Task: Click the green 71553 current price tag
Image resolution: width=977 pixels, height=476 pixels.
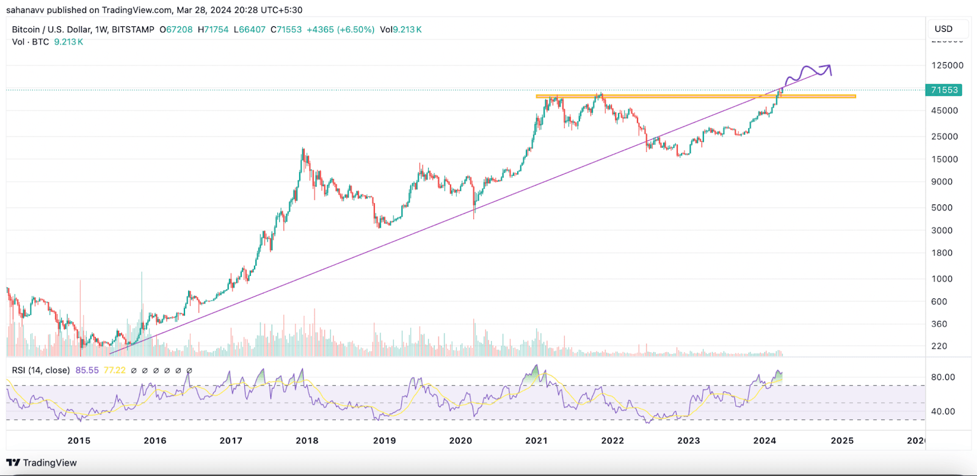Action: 944,90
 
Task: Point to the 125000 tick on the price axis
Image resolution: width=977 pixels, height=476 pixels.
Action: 947,65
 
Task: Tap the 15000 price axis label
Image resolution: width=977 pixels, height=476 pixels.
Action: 944,159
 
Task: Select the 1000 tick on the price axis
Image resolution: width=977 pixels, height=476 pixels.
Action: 942,279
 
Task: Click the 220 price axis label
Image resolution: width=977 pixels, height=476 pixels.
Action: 939,346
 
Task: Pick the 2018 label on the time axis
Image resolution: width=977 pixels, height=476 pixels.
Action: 307,441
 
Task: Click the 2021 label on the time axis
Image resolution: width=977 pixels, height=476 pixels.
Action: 536,441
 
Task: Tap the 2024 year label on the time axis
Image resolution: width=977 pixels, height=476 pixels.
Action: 765,441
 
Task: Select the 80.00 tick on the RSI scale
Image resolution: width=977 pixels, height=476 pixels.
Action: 943,377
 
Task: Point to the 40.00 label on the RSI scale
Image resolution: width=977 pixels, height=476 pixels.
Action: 943,411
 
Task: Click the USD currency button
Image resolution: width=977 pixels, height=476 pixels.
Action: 943,29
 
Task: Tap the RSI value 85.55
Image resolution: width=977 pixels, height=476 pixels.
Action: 87,370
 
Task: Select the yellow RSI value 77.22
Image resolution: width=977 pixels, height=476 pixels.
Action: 114,370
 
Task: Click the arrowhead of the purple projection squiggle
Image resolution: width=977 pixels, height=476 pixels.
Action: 828,66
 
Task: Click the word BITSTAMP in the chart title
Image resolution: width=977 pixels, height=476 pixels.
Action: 133,29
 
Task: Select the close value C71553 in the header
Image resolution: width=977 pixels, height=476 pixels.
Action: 286,29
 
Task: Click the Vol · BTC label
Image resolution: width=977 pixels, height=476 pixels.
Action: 31,42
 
